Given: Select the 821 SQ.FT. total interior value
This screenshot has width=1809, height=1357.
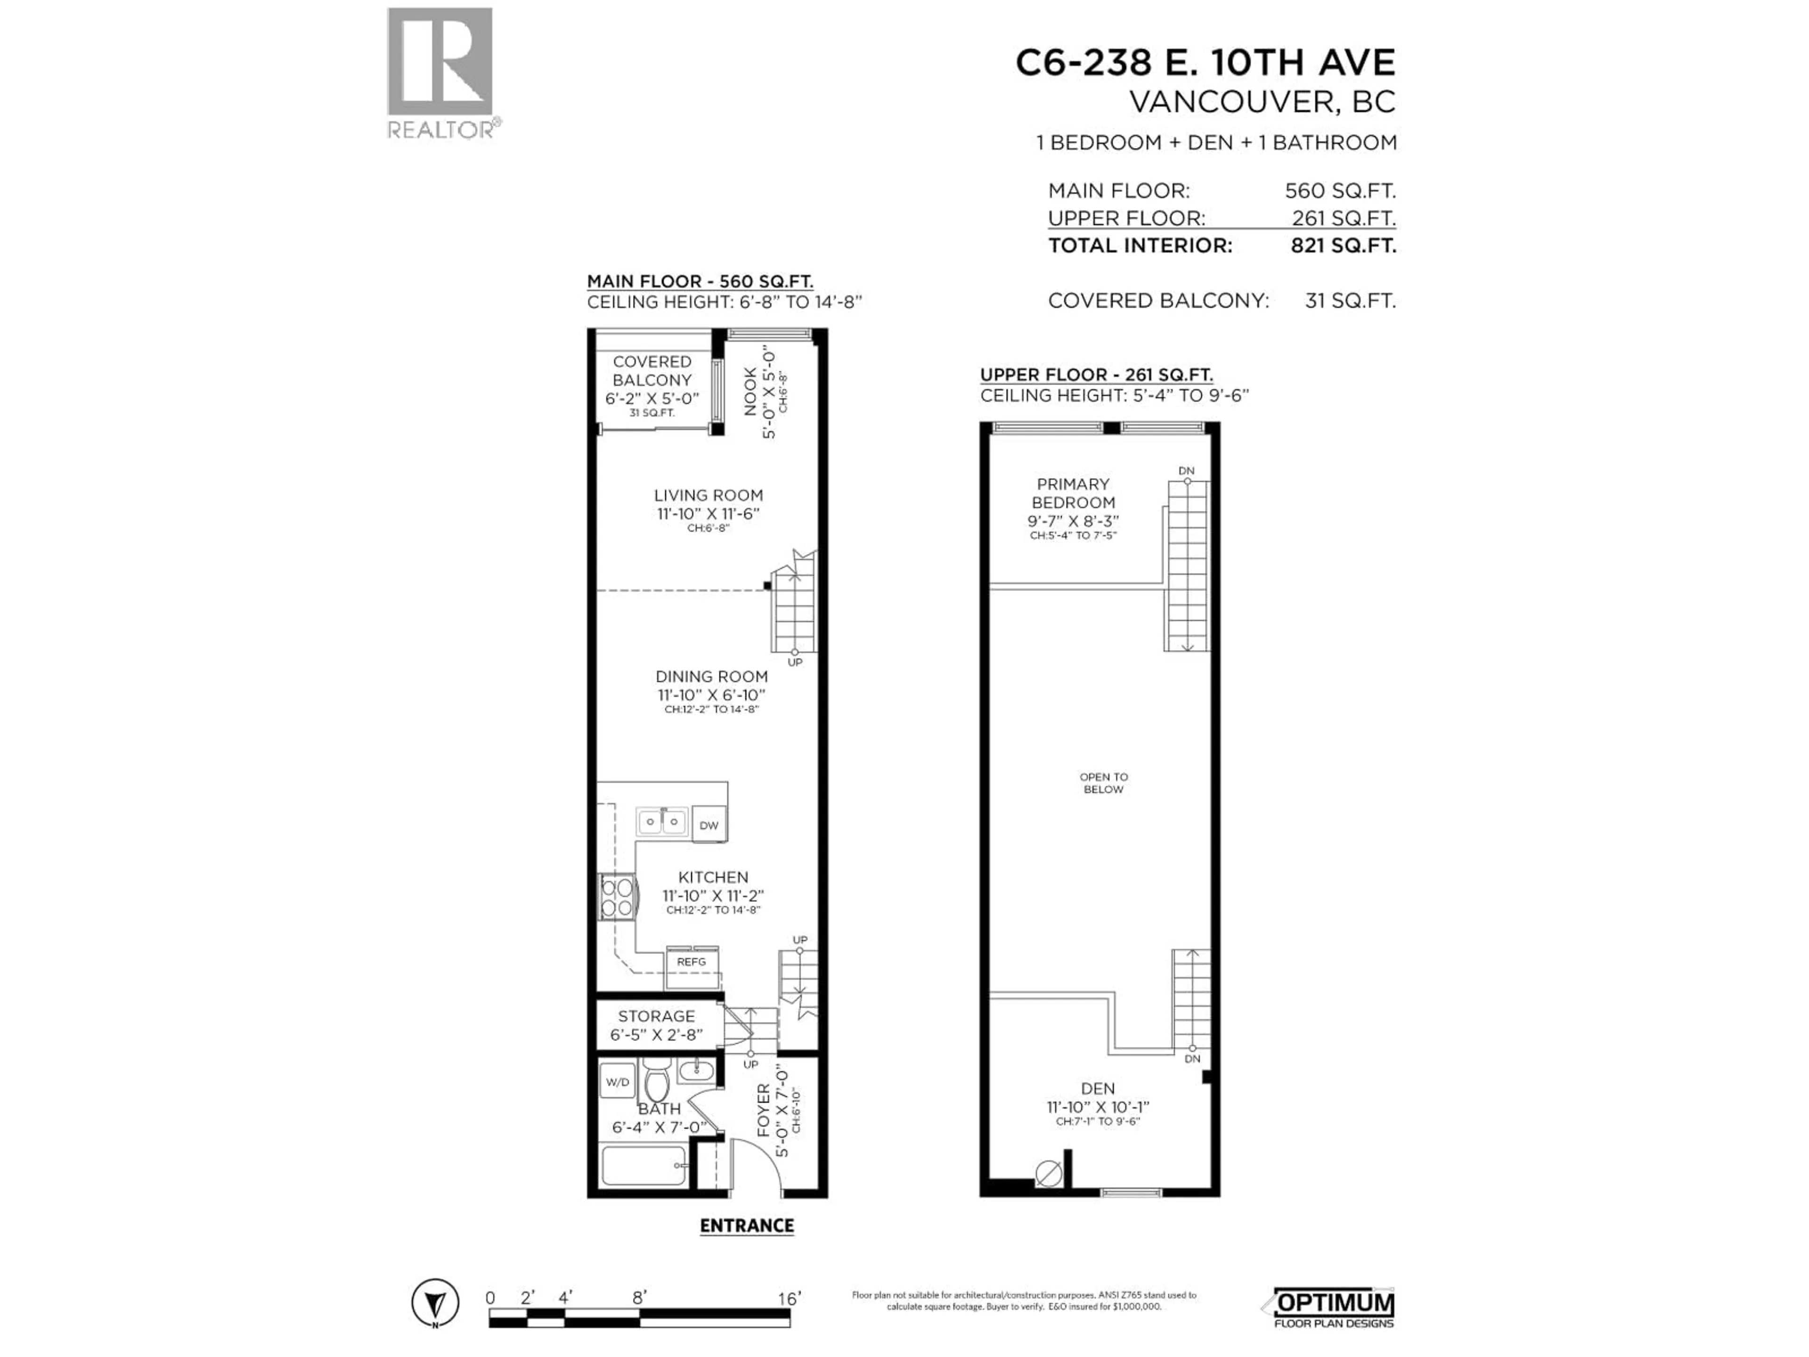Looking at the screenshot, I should point(1343,245).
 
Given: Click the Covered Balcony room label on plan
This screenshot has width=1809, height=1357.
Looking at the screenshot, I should point(652,379).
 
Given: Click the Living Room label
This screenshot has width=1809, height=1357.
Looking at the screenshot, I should point(708,496).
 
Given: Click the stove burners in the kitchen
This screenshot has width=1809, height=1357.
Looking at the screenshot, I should point(617,897).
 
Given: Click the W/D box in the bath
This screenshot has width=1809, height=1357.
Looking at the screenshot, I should point(618,1082).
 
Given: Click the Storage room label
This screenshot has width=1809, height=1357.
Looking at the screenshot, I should point(656,1017).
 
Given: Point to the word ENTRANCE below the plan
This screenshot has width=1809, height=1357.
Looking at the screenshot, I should point(747,1226).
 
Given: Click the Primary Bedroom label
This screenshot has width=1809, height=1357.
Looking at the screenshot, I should point(1073,493).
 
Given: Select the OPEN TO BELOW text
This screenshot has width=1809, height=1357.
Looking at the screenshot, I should point(1103,783).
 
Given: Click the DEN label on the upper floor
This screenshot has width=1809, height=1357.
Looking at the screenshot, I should point(1098,1089).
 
